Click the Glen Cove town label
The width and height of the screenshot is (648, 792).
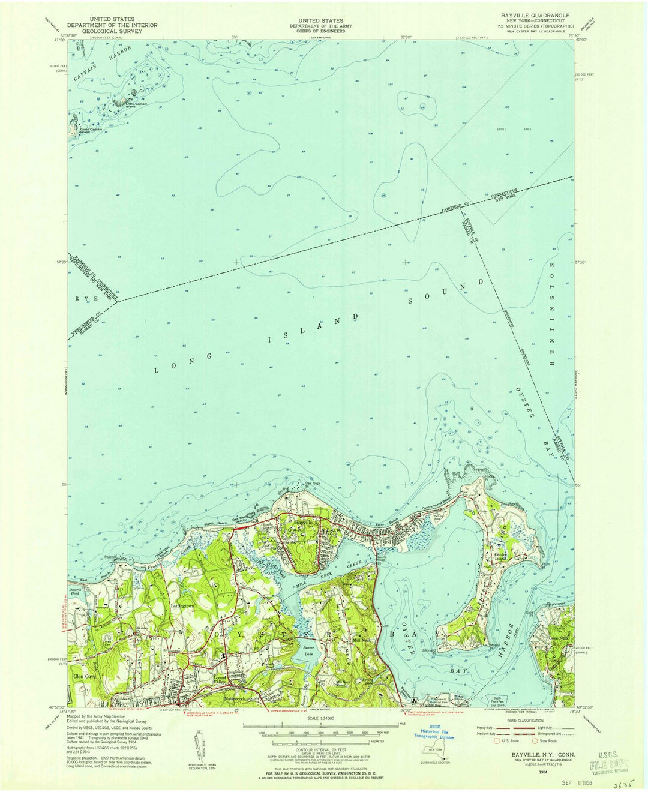[85, 676]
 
